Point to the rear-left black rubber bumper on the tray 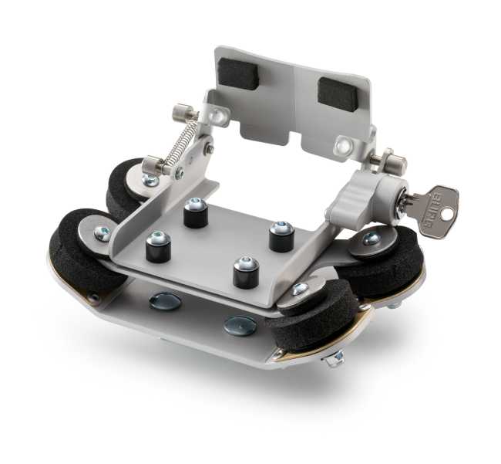(x=195, y=213)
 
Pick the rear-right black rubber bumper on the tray (x=281, y=235)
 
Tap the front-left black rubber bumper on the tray (x=158, y=247)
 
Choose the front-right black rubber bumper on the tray (x=247, y=271)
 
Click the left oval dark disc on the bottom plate (x=165, y=301)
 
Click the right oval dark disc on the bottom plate (x=240, y=326)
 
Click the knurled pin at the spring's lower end (x=153, y=164)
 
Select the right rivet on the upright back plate (x=342, y=144)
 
